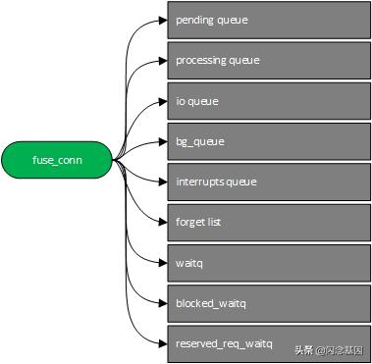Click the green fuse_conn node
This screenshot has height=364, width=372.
[x=57, y=160]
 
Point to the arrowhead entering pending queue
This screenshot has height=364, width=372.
[x=162, y=20]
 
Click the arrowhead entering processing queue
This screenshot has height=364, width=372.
[x=162, y=60]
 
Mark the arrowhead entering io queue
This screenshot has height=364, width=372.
[x=162, y=100]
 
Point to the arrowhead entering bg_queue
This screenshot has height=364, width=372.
[x=162, y=141]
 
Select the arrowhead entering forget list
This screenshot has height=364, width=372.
[x=162, y=222]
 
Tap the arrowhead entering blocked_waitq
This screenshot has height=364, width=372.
[x=162, y=303]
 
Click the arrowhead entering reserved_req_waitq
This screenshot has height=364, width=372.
[x=162, y=343]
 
